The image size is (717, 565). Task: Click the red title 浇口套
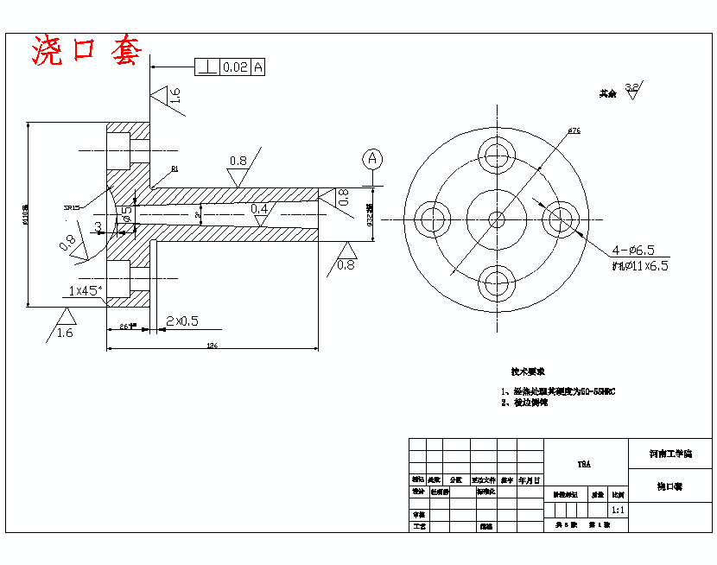coord(86,51)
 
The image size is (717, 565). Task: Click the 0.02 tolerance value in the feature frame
coord(235,67)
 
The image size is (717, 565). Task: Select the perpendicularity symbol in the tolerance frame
coord(207,67)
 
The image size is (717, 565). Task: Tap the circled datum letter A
coord(372,158)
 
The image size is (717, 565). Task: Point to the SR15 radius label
coord(72,207)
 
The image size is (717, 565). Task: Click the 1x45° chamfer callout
coord(86,290)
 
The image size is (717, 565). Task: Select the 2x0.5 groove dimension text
coord(181,321)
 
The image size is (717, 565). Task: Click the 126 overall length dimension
coord(211,346)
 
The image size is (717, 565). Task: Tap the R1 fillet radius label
coord(175,169)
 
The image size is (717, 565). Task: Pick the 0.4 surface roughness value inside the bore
coord(259,209)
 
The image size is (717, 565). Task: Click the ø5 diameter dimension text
coord(127,213)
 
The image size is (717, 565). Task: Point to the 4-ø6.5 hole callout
coord(639,250)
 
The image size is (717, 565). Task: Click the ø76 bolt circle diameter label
coord(574,131)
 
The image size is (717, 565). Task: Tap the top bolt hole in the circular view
coord(497,155)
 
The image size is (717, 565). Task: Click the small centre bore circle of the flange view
coord(497,219)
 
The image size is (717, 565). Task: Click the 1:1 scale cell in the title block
coord(619,510)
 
